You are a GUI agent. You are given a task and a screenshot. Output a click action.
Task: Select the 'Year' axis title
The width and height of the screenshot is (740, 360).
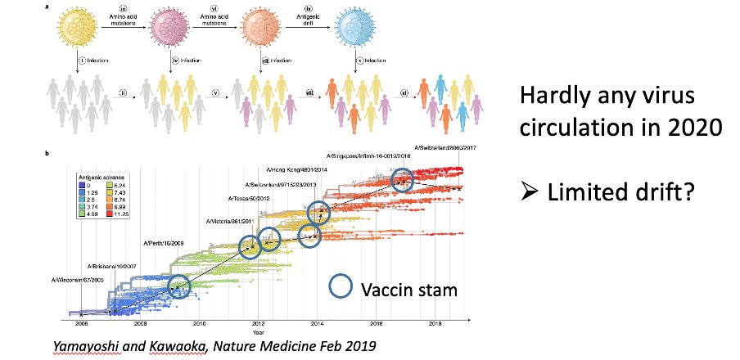pyautogui.click(x=258, y=332)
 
